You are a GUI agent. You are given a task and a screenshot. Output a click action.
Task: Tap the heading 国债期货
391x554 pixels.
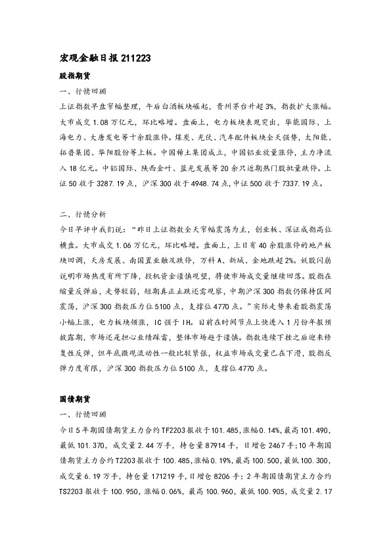pos(72,399)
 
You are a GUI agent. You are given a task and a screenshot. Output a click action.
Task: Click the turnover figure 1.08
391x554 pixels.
pos(105,122)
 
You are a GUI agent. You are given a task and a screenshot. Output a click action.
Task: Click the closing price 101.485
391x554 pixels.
pos(227,430)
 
